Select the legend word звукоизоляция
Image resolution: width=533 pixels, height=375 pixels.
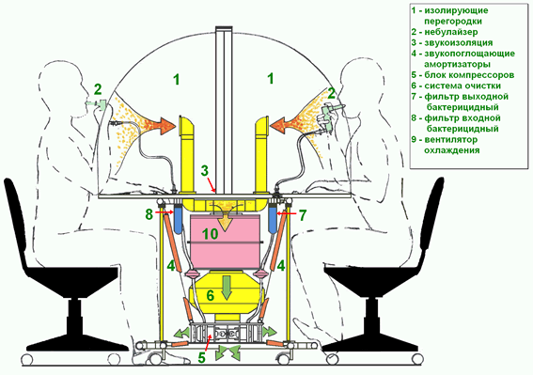(x=458, y=43)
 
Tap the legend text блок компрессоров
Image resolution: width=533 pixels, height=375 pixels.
(x=469, y=75)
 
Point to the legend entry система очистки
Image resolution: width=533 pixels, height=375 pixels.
(x=462, y=86)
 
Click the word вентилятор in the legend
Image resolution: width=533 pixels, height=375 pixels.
(x=451, y=140)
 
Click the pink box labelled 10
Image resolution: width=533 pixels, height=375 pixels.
(x=225, y=241)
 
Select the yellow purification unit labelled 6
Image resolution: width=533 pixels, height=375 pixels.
(x=224, y=294)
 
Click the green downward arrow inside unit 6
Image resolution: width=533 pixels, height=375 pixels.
(x=227, y=288)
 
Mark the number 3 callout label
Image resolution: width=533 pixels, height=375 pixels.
(x=204, y=171)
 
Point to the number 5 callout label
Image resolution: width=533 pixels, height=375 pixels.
(x=202, y=358)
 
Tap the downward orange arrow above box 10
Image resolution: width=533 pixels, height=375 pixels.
(x=225, y=223)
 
